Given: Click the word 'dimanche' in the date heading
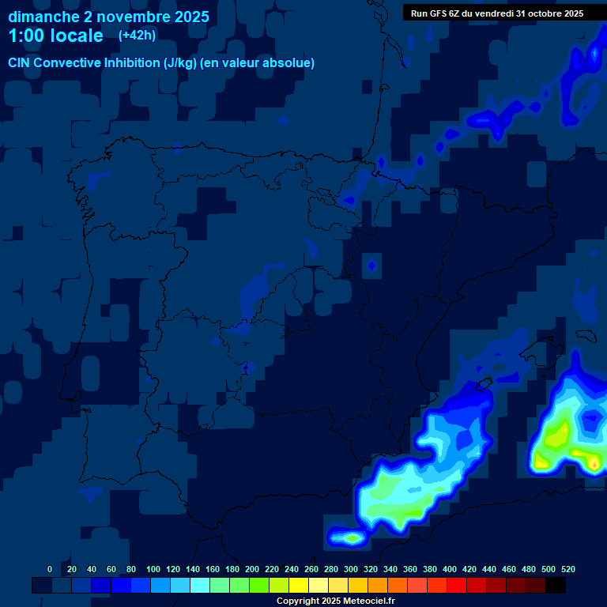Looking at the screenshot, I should tap(43, 17).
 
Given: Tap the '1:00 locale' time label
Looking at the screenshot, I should tap(55, 36).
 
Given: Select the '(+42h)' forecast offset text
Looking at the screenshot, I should tap(137, 35).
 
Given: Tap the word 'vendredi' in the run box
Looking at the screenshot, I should tap(493, 13).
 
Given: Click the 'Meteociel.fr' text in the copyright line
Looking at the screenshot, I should tap(364, 601).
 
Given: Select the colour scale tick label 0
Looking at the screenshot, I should tap(50, 569).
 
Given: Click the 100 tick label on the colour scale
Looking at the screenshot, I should tap(153, 569).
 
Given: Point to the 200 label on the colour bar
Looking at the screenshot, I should tap(252, 569).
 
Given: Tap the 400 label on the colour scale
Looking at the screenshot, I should tap(450, 569).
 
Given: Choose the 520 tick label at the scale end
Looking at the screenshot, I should tap(567, 569).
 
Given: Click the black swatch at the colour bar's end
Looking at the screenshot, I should tap(556, 585).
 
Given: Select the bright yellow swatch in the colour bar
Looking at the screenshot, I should tap(299, 585).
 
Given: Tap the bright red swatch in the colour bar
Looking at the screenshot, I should tap(457, 585).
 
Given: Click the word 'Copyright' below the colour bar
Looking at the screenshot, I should tap(298, 601).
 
